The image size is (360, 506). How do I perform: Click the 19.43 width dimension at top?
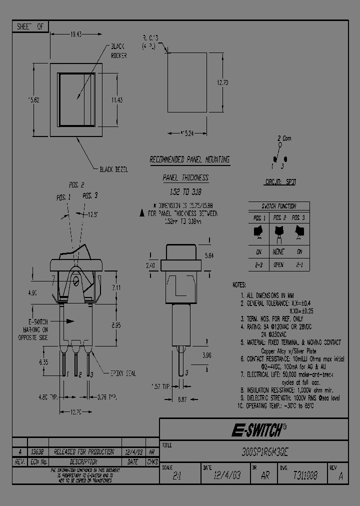click(76, 34)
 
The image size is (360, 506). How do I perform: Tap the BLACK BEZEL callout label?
click(114, 169)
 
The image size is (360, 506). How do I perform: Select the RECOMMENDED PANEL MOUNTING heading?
click(190, 160)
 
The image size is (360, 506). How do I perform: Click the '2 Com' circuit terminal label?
click(284, 138)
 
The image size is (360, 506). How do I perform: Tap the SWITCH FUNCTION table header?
click(279, 206)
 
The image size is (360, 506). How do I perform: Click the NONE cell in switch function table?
click(279, 252)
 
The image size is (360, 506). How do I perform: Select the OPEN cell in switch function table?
click(279, 264)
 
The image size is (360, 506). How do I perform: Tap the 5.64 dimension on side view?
click(210, 255)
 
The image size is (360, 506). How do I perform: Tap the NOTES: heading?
click(239, 284)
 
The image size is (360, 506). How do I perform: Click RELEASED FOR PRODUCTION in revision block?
click(83, 451)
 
